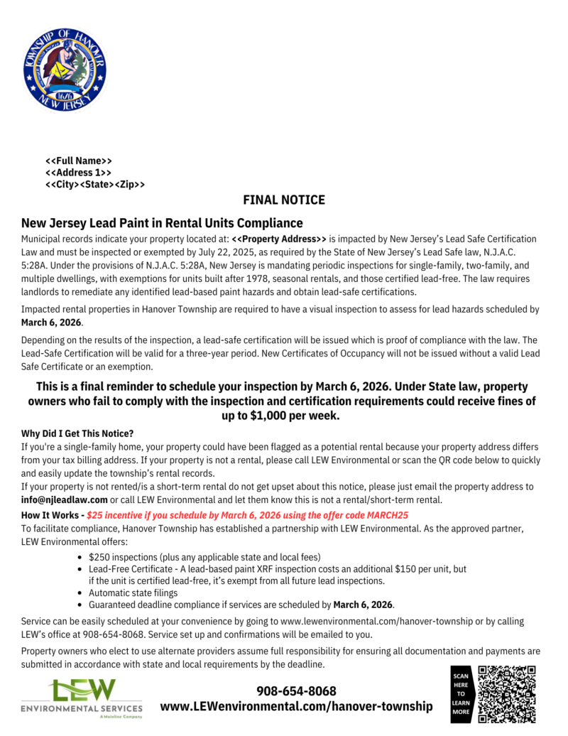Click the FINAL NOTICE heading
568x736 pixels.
[284, 200]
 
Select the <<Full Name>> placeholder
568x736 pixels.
[78, 161]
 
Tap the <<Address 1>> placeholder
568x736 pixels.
[78, 173]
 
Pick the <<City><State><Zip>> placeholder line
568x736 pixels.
[95, 185]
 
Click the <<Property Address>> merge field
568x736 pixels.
[279, 239]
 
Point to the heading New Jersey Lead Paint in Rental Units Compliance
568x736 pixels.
[162, 223]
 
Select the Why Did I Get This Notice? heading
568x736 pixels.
[77, 433]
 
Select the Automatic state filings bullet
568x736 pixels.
[133, 592]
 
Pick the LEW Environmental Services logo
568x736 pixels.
[82, 699]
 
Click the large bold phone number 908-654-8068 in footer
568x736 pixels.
[296, 691]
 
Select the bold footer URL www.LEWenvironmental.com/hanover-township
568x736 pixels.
[296, 706]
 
